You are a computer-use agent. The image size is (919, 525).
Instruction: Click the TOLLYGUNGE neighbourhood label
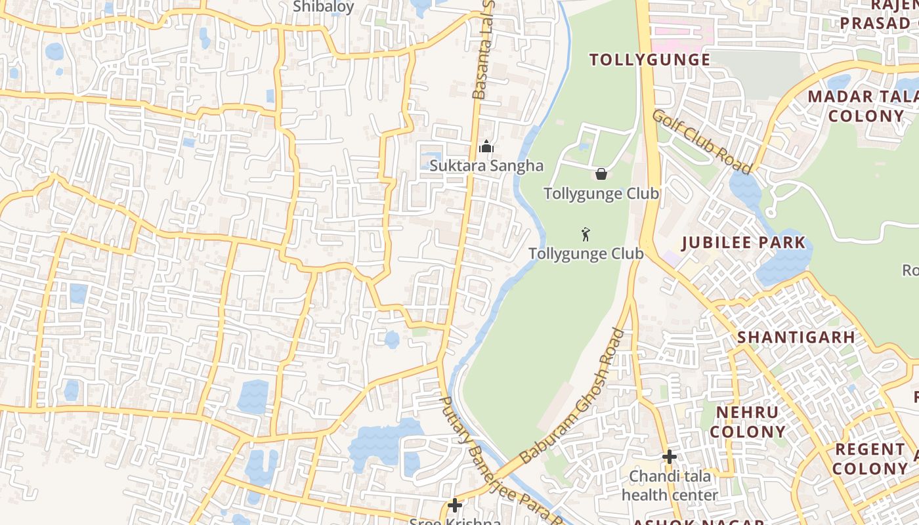pyautogui.click(x=650, y=60)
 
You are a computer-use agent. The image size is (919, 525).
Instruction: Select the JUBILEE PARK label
pyautogui.click(x=743, y=242)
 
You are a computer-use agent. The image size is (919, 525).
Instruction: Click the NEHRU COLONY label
pyautogui.click(x=748, y=422)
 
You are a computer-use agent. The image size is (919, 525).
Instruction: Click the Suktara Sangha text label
pyautogui.click(x=486, y=165)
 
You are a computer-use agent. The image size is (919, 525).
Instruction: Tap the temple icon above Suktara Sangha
pyautogui.click(x=486, y=146)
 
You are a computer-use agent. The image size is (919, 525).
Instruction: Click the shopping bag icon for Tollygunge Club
pyautogui.click(x=601, y=174)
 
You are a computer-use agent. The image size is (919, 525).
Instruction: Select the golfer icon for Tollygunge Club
pyautogui.click(x=586, y=234)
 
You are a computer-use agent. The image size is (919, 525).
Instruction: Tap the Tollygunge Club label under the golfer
pyautogui.click(x=586, y=253)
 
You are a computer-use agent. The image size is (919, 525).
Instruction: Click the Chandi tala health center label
pyautogui.click(x=670, y=485)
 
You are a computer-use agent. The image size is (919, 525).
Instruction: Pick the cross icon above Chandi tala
pyautogui.click(x=669, y=456)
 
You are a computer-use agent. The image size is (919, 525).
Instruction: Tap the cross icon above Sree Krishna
pyautogui.click(x=454, y=505)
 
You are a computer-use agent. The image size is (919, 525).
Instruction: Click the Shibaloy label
pyautogui.click(x=323, y=7)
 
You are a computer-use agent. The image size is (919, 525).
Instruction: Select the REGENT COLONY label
pyautogui.click(x=870, y=459)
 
